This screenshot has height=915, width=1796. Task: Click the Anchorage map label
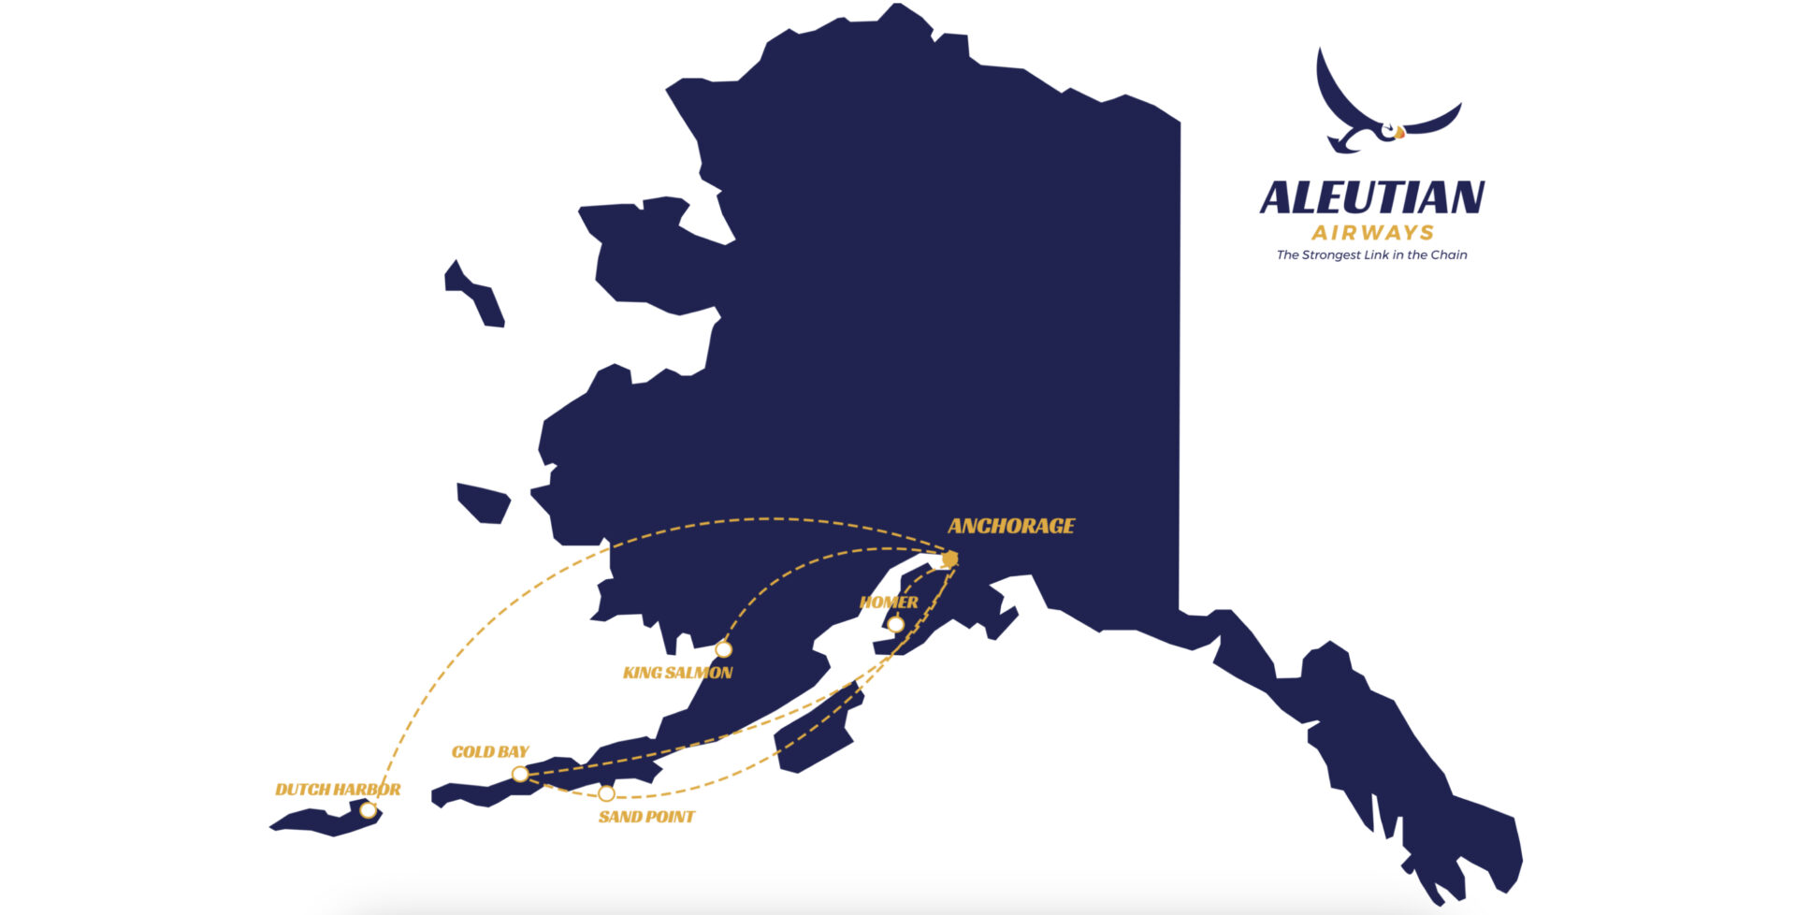click(x=1011, y=526)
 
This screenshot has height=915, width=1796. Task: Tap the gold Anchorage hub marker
click(x=950, y=559)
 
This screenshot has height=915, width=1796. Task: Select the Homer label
click(x=889, y=602)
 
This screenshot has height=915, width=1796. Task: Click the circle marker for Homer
click(x=895, y=624)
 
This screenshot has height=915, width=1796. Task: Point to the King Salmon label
click(x=677, y=673)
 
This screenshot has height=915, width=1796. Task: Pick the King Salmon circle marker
click(x=723, y=649)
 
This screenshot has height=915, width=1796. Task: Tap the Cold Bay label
click(x=490, y=751)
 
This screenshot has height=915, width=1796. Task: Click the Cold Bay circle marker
click(x=520, y=774)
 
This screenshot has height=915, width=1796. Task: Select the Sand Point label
click(x=646, y=817)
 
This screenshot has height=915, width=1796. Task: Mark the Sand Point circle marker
click(x=606, y=793)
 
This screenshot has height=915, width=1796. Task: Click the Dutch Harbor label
click(x=338, y=790)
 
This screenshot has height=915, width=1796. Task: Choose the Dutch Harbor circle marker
click(x=369, y=810)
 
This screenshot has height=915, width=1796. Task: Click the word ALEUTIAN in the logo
click(x=1371, y=198)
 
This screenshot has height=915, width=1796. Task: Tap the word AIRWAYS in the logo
click(x=1372, y=233)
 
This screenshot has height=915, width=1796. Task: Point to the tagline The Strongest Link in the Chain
click(x=1371, y=254)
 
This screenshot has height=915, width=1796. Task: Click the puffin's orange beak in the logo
click(x=1399, y=134)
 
